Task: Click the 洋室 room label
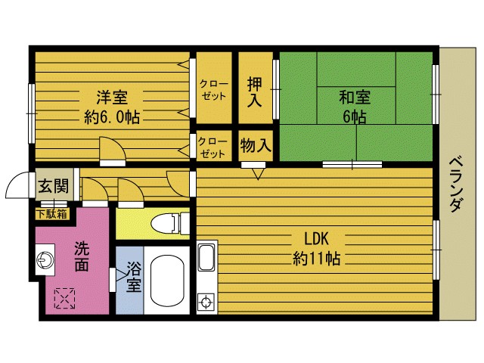click(111, 98)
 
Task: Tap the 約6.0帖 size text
click(111, 117)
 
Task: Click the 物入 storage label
click(256, 144)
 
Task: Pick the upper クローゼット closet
click(213, 90)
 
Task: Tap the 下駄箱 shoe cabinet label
click(52, 213)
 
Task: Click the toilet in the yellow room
click(168, 223)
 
